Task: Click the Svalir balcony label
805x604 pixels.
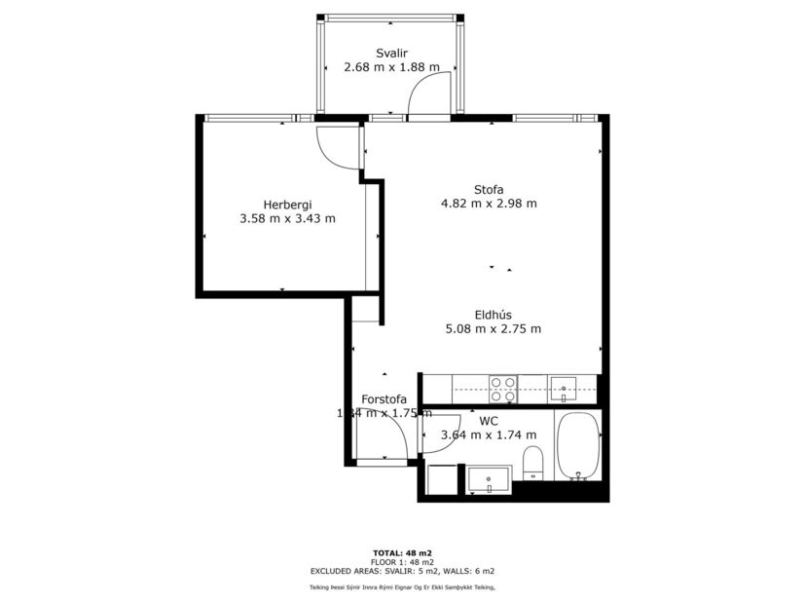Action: pos(391,53)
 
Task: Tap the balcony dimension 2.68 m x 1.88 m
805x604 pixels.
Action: pos(391,67)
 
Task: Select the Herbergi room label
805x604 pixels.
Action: pos(287,205)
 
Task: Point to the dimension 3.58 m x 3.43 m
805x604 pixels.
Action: pos(287,219)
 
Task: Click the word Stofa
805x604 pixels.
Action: pos(489,190)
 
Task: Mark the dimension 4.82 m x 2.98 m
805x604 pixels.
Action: pos(489,205)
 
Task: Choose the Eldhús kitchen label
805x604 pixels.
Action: pos(494,315)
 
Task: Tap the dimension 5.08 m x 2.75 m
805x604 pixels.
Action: pos(494,329)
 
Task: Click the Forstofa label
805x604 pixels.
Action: pos(384,399)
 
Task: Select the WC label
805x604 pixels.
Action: pos(489,422)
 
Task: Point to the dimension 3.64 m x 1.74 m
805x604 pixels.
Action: pos(489,435)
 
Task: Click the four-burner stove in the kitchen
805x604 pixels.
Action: pos(502,389)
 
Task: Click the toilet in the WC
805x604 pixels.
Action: pos(532,462)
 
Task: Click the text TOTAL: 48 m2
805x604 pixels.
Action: pos(402,552)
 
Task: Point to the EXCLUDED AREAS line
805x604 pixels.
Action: pos(402,571)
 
